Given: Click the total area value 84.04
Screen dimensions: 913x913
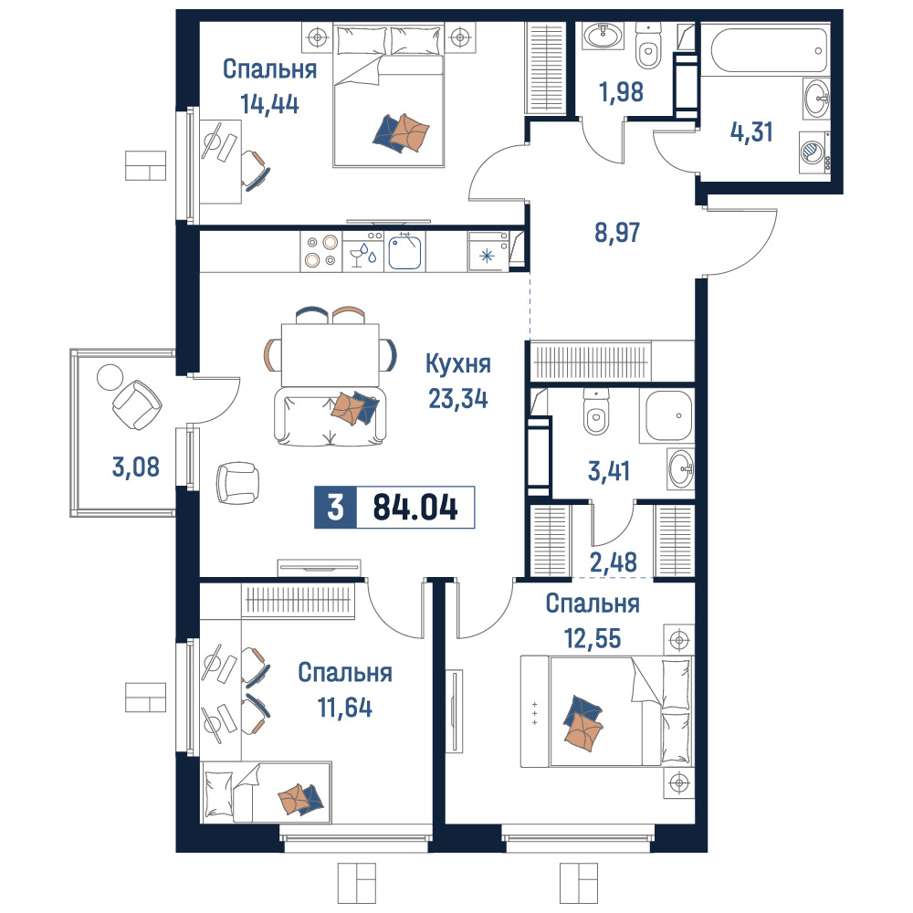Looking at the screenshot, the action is click(x=415, y=507).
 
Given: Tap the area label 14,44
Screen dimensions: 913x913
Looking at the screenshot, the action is click(x=269, y=104).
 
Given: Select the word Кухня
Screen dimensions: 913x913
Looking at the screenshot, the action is click(x=458, y=364).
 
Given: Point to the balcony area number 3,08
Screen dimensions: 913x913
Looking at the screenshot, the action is click(x=136, y=467).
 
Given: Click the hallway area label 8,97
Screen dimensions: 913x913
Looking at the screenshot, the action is click(x=617, y=232).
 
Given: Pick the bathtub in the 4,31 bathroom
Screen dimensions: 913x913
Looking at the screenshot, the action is click(x=769, y=50).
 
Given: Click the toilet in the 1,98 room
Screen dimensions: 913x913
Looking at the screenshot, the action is click(x=648, y=47).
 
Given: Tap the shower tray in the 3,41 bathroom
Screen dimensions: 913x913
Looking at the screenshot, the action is click(x=666, y=415).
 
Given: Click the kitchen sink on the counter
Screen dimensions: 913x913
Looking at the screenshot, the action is click(x=404, y=252).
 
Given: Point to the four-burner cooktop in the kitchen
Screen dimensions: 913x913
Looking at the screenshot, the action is click(x=321, y=252).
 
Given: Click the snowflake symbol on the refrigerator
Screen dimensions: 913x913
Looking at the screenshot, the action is click(x=488, y=256).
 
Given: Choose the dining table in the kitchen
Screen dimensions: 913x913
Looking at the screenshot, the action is click(x=331, y=354).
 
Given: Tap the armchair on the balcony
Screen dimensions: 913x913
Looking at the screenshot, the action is click(x=137, y=405).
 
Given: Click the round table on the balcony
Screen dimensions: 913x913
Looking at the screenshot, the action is click(x=110, y=377).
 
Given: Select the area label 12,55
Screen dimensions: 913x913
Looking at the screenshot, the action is click(x=593, y=639).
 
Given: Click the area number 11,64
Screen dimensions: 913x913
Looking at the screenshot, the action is click(x=345, y=708).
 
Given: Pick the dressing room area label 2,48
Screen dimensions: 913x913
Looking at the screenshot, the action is click(x=614, y=562).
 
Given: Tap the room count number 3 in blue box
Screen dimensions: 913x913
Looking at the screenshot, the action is click(x=335, y=507).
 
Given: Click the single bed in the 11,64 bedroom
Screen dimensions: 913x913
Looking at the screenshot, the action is click(x=266, y=792).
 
